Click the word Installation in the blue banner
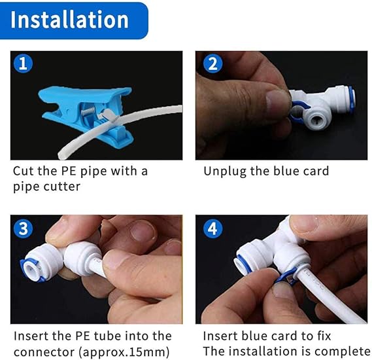pyautogui.click(x=69, y=20)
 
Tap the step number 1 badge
pyautogui.click(x=23, y=63)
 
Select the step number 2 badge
pyautogui.click(x=213, y=63)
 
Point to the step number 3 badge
pyautogui.click(x=24, y=228)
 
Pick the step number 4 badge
pyautogui.click(x=213, y=228)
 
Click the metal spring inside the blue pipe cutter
pyautogui.click(x=88, y=111)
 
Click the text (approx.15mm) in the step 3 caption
pyautogui.click(x=124, y=352)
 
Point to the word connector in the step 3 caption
pyautogui.click(x=44, y=352)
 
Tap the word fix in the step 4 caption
pyautogui.click(x=324, y=336)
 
